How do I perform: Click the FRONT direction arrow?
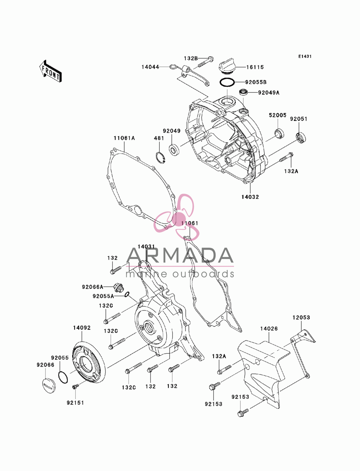[50, 71]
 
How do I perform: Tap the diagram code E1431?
[305, 56]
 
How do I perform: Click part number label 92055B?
[256, 82]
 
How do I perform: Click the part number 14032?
[250, 197]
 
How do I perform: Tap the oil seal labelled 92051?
[301, 138]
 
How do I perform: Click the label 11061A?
[124, 138]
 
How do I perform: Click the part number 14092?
[82, 328]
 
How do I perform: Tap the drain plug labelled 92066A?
[118, 287]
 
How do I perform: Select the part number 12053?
[301, 317]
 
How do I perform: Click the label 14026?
[269, 329]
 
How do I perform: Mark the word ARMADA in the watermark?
[180, 255]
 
